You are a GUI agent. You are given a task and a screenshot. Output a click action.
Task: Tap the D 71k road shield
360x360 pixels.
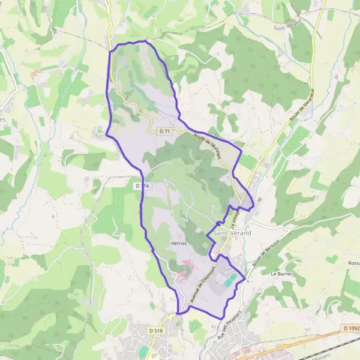(x=142, y=187)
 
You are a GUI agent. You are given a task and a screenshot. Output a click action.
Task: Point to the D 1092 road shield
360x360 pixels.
(x=351, y=328)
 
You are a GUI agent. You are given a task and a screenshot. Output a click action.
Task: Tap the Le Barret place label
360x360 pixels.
(x=280, y=274)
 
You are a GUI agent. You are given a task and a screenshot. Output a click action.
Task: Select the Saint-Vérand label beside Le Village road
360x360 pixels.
(x=232, y=232)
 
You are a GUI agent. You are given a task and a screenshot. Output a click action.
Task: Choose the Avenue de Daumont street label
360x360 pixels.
(x=202, y=284)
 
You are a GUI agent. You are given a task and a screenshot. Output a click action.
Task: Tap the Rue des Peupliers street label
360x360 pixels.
(x=231, y=338)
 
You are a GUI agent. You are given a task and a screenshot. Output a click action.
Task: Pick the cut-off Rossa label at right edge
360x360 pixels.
(x=354, y=263)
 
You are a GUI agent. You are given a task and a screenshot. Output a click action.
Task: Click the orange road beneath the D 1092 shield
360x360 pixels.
(x=336, y=335)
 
